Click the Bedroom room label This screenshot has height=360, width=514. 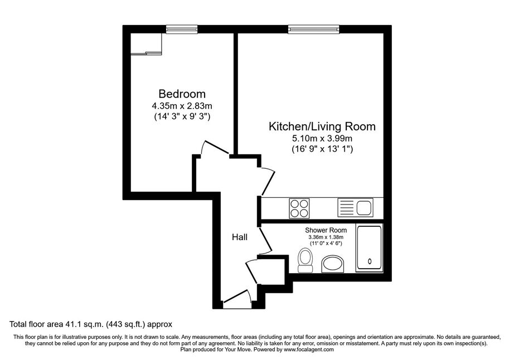pyautogui.click(x=182, y=94)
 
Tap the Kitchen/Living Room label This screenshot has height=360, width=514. pyautogui.click(x=322, y=127)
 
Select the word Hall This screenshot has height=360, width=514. pyautogui.click(x=240, y=237)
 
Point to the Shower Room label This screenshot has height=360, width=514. pyautogui.click(x=326, y=230)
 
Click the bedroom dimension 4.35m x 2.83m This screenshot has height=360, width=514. pyautogui.click(x=182, y=106)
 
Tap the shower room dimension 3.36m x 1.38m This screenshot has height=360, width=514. pyautogui.click(x=326, y=237)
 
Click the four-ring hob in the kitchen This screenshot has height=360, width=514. pyautogui.click(x=299, y=208)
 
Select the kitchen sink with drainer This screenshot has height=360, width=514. pyautogui.click(x=355, y=208)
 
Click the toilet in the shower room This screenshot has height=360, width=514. pyautogui.click(x=306, y=261)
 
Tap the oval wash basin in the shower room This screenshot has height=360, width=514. pyautogui.click(x=333, y=264)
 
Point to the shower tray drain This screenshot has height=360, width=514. pyautogui.click(x=370, y=261)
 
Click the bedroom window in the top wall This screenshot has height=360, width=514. pyautogui.click(x=182, y=30)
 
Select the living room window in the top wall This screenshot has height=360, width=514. pyautogui.click(x=313, y=30)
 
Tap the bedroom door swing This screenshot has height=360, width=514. pyautogui.click(x=215, y=148)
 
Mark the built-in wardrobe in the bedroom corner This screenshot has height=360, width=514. pyautogui.click(x=146, y=43)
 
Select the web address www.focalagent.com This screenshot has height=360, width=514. pyautogui.click(x=308, y=349)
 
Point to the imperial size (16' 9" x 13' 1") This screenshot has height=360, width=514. pyautogui.click(x=322, y=149)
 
